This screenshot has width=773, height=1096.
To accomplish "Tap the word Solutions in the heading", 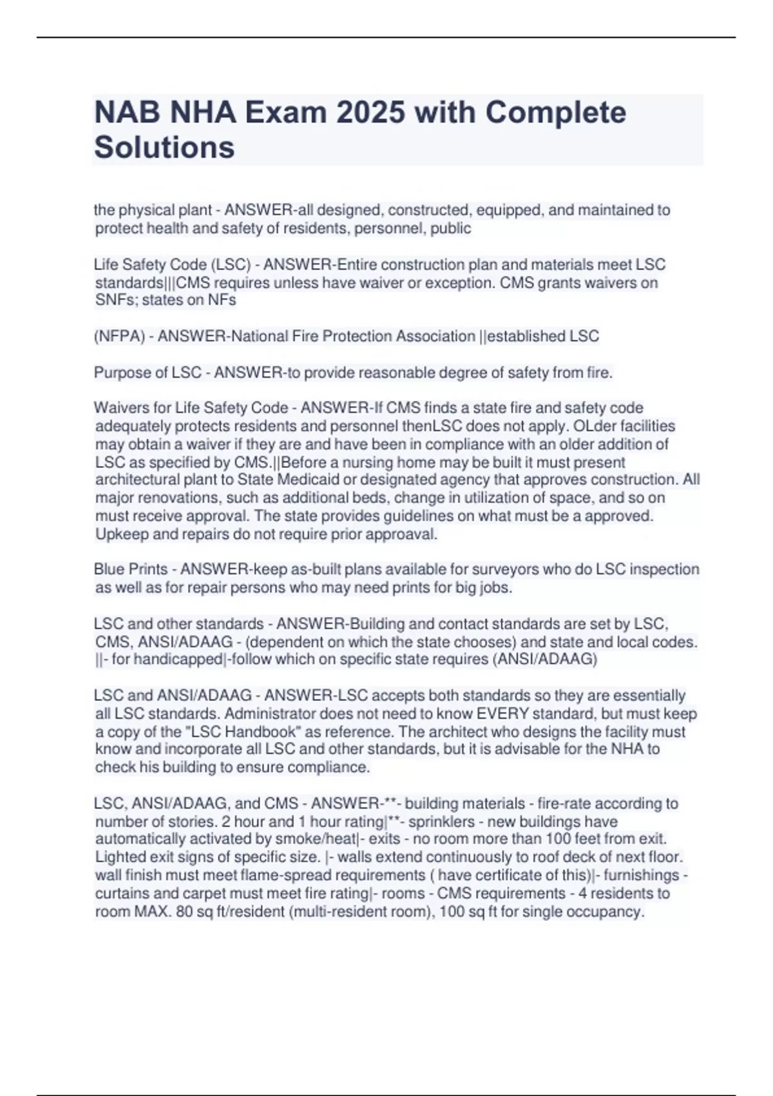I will (164, 147).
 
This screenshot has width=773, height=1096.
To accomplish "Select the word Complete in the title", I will (555, 113).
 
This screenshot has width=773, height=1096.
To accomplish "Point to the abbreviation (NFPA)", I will (119, 337).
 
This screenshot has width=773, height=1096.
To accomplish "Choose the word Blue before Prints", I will (109, 570).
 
